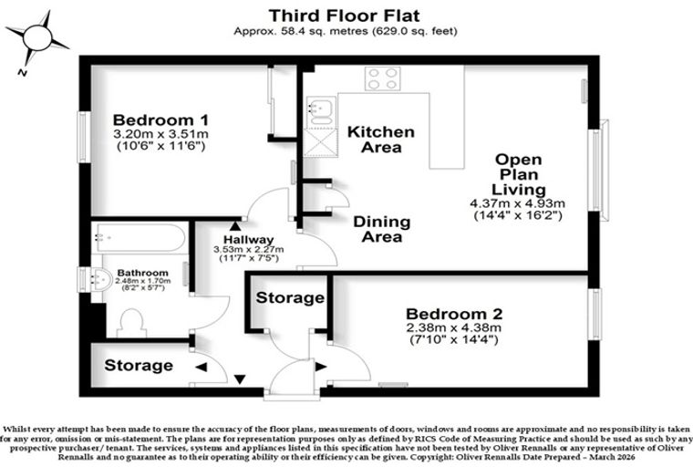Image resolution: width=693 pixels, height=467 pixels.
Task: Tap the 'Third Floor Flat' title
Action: (345, 16)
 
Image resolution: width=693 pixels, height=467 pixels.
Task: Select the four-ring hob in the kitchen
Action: (383, 78)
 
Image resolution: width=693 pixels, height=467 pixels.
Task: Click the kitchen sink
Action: (321, 111)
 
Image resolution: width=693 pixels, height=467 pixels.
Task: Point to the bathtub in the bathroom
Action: (140, 237)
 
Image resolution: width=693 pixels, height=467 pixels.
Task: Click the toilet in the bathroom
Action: (131, 323)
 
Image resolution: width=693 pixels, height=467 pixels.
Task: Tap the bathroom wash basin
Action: (100, 279)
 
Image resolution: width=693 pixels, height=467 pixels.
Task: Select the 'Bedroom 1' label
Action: (160, 119)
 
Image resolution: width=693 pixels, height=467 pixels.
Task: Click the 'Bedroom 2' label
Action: (454, 314)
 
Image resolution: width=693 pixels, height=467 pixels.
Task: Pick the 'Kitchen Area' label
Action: (381, 140)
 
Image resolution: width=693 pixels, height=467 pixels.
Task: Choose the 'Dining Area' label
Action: (382, 229)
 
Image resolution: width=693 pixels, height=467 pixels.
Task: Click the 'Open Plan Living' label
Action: (519, 174)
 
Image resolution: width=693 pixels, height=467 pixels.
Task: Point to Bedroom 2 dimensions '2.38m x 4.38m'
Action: (454, 328)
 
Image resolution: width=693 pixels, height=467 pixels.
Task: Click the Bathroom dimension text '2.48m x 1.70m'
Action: (143, 281)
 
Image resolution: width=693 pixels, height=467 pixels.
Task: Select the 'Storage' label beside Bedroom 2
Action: (290, 297)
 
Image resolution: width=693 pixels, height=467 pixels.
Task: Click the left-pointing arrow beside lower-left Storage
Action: (202, 367)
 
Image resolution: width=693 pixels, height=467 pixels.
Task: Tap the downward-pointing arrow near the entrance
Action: (240, 379)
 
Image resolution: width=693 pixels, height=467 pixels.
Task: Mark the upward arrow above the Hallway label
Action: (235, 226)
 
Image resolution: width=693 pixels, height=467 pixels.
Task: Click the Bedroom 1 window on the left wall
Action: (84, 137)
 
